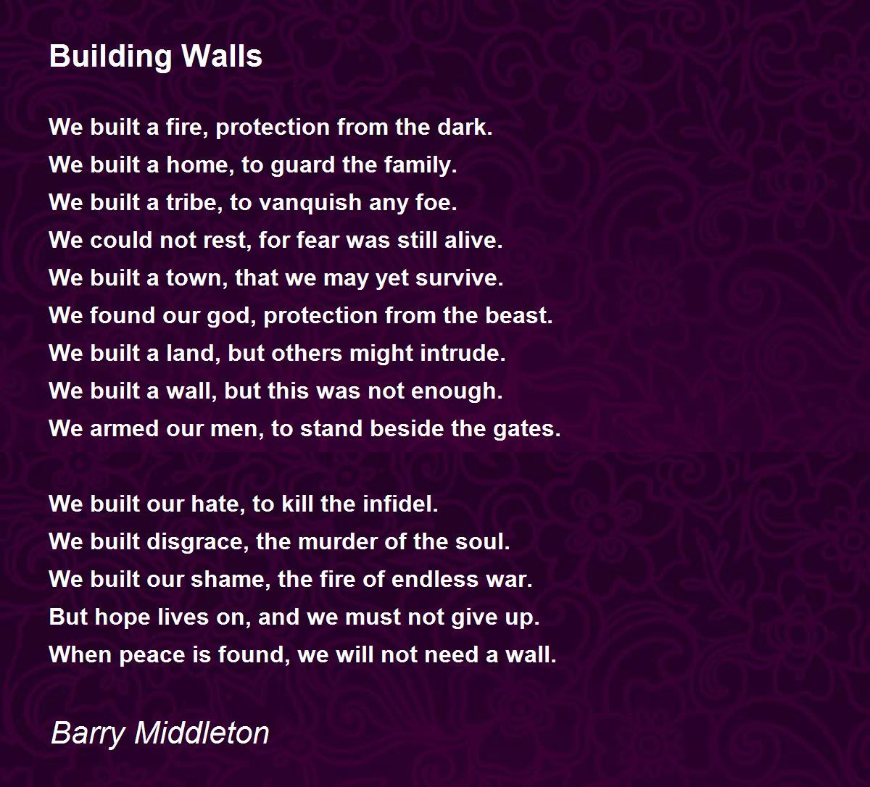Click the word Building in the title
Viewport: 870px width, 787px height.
click(111, 57)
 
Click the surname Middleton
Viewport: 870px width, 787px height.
click(202, 733)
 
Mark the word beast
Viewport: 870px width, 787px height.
click(519, 315)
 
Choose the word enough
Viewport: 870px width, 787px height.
click(457, 391)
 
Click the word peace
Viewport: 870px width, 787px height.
click(152, 656)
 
